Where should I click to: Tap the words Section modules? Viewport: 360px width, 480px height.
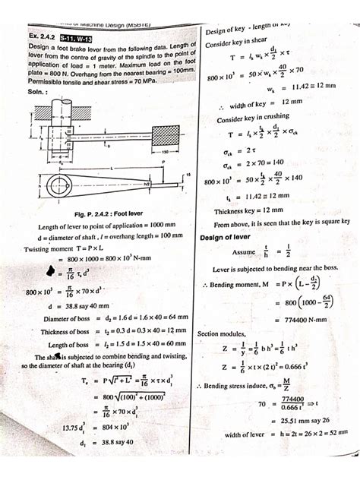224,333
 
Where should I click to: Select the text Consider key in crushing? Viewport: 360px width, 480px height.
254,119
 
